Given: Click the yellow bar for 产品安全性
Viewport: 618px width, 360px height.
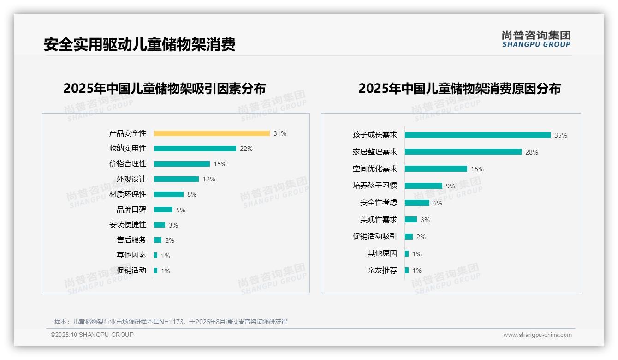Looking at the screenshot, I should click(x=212, y=133).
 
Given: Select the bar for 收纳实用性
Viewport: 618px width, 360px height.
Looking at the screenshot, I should click(x=195, y=149).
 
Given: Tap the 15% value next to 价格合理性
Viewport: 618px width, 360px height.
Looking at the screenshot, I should click(x=220, y=164).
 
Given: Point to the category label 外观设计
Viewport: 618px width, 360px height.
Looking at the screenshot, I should click(x=131, y=179).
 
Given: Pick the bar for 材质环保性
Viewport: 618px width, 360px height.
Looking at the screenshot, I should click(x=168, y=194).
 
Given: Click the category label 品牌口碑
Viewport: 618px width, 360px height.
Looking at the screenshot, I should click(x=131, y=210).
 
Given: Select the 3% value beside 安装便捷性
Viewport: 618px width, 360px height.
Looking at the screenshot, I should click(x=173, y=225).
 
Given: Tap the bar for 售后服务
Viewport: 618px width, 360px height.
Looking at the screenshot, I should click(x=158, y=240).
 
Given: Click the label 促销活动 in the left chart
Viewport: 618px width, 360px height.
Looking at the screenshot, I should click(x=131, y=270).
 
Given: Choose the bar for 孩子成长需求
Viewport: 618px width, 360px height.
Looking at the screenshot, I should click(x=477, y=135).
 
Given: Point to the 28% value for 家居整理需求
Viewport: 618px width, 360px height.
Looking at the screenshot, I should click(x=532, y=152).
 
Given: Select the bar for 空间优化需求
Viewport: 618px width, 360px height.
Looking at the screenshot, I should click(x=436, y=169).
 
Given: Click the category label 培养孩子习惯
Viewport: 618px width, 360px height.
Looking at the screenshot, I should click(x=374, y=186).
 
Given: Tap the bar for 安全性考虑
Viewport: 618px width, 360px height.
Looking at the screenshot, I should click(x=417, y=203).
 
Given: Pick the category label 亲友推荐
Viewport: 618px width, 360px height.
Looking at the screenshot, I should click(x=382, y=270).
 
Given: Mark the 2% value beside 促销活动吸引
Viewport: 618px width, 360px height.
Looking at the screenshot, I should click(x=421, y=237).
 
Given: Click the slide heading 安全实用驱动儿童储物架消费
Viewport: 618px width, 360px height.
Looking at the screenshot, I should click(x=140, y=44).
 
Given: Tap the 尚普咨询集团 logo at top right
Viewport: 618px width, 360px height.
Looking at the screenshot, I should click(x=536, y=39).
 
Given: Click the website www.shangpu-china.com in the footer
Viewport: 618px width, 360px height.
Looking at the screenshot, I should click(x=537, y=335).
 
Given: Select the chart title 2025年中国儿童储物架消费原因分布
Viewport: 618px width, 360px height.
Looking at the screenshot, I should click(x=459, y=88).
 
